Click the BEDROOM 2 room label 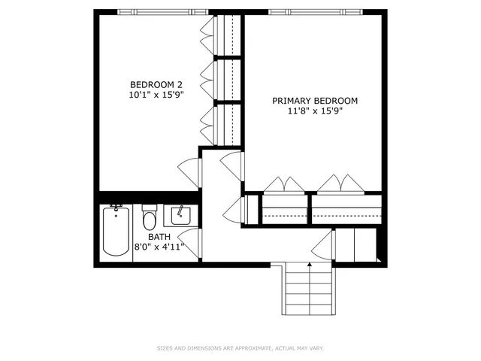156,84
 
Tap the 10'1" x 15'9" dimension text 156,95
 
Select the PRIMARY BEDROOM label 315,101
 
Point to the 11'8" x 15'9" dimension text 315,111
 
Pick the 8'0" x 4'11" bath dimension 159,246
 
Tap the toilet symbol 149,218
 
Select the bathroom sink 180,216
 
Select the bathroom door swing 189,244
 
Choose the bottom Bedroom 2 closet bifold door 207,120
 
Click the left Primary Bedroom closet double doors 284,184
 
